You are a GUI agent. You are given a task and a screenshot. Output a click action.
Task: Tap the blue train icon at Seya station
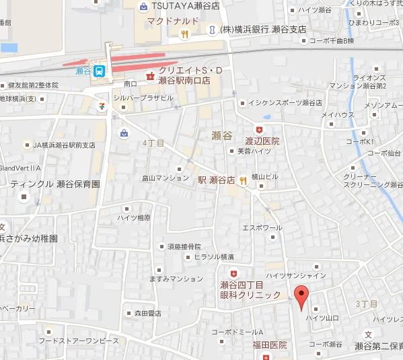pos(99,71)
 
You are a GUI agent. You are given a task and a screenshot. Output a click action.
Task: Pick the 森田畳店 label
pos(147,313)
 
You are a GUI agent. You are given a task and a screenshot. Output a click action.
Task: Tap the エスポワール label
pos(262,227)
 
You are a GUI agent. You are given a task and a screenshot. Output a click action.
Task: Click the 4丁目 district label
pos(153,143)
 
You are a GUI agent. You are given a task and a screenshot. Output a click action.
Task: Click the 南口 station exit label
pos(131,83)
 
